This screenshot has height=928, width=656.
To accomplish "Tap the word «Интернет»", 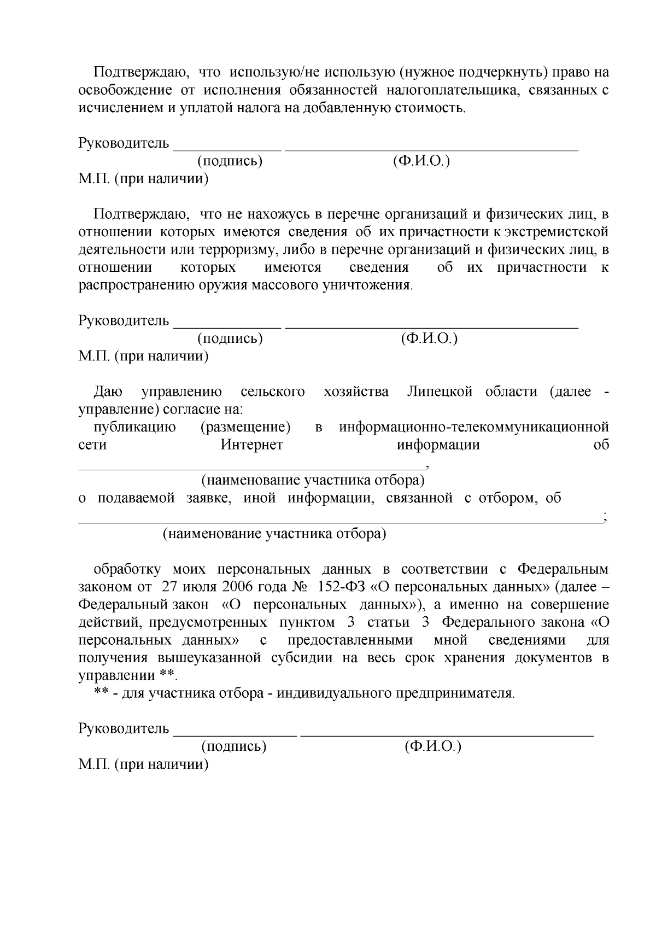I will (251, 445).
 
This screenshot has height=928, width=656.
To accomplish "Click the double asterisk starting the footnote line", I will (101, 693).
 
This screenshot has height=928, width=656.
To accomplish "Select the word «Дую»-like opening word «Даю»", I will (108, 392).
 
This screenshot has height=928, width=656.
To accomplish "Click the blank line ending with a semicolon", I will (339, 522).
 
